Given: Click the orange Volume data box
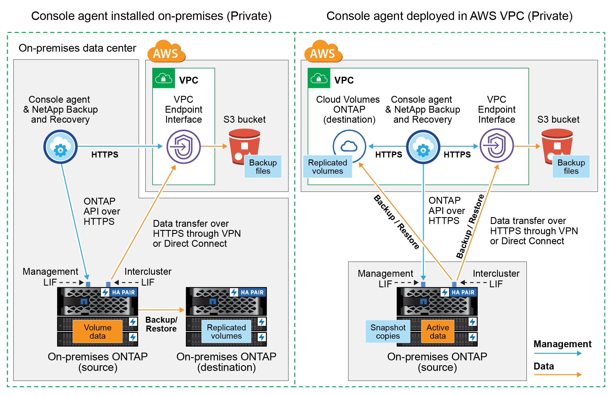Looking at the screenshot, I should [x=98, y=332].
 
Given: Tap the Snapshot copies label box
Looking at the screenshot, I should [x=388, y=332].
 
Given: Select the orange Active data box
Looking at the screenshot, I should [x=438, y=332].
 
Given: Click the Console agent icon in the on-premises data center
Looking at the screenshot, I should [x=60, y=147].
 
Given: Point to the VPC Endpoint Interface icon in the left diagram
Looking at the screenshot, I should [x=183, y=147].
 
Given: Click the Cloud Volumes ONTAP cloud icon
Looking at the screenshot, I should [x=349, y=146].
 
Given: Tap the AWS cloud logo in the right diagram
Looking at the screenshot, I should [x=323, y=52].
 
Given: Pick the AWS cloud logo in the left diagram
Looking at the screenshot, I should [x=166, y=52].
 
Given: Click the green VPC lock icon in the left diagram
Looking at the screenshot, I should [x=163, y=78].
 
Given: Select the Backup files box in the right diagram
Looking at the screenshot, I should [x=571, y=167].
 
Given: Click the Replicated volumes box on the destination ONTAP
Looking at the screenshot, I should [x=226, y=332].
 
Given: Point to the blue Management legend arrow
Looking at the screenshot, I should [x=558, y=353].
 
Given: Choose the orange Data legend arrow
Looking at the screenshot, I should [x=558, y=375].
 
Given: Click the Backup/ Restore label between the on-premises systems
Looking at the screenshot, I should [x=161, y=324].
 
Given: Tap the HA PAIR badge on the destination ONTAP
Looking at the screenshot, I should [x=248, y=292].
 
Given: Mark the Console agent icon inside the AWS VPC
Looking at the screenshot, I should [x=423, y=147].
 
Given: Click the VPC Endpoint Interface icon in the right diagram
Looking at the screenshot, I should [x=496, y=146].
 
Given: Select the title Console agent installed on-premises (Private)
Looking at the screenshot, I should [x=151, y=16].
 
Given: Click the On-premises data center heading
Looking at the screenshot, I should [x=77, y=48].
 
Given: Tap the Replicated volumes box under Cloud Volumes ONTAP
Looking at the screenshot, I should [x=328, y=167].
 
